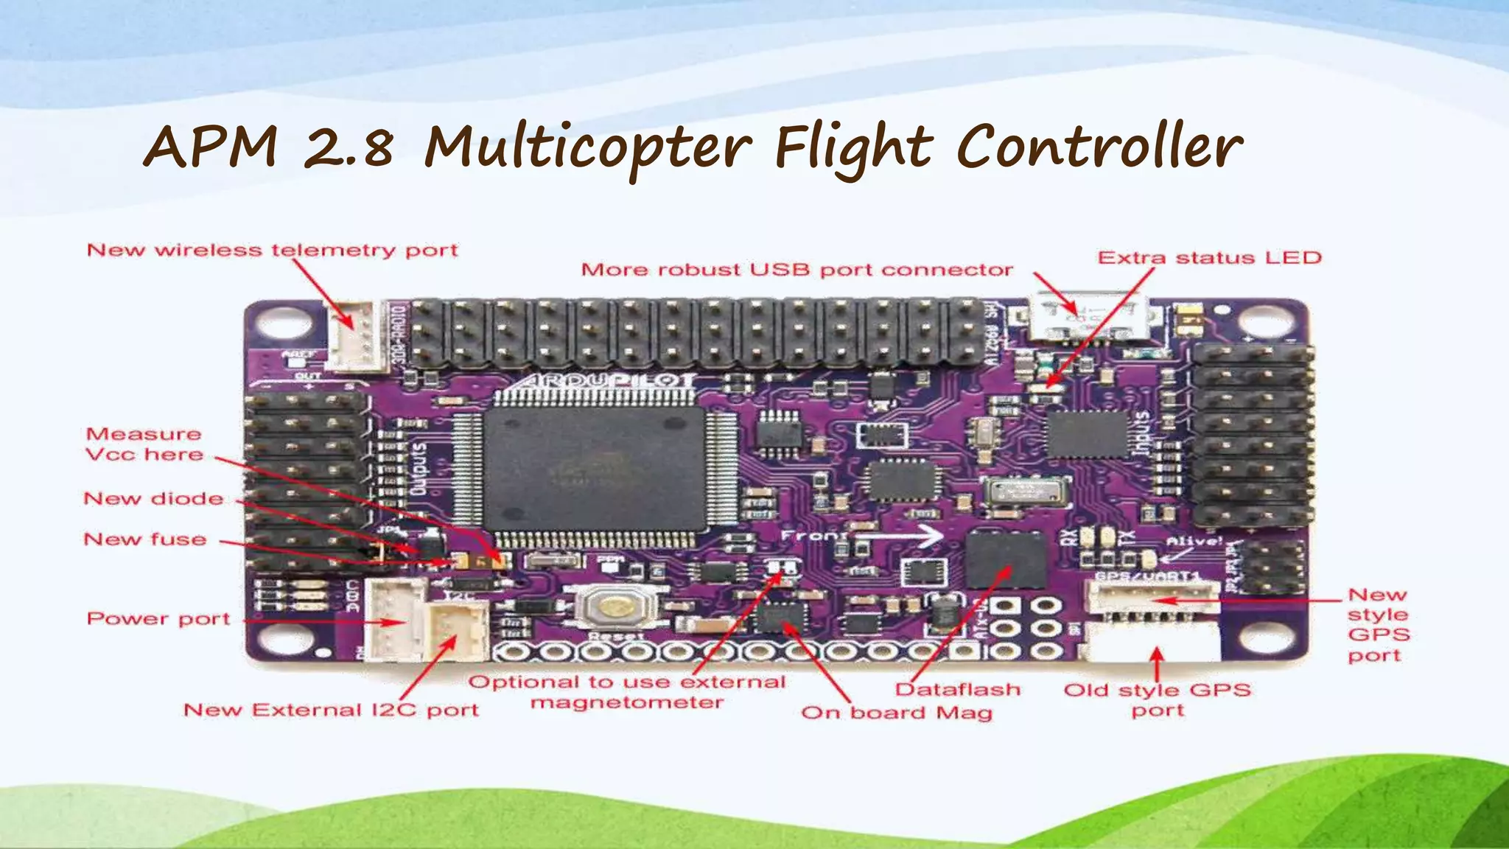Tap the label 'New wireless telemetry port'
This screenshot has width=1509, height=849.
tap(272, 251)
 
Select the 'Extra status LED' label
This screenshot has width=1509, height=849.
tap(1209, 258)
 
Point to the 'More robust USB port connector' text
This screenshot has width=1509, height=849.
tap(796, 270)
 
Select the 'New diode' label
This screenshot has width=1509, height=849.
tap(153, 499)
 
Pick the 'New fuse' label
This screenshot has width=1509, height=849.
tap(145, 539)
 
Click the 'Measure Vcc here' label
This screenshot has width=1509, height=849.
tap(144, 444)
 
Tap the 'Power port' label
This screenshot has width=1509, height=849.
tap(158, 619)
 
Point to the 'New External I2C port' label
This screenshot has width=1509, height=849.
tap(331, 710)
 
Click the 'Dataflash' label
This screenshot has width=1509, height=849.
tap(958, 690)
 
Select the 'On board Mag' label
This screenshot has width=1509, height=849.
tap(897, 713)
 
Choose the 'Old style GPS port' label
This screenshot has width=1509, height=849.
tap(1158, 700)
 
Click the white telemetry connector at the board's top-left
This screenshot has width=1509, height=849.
tap(357, 335)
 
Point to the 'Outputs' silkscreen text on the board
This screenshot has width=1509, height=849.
tap(419, 469)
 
